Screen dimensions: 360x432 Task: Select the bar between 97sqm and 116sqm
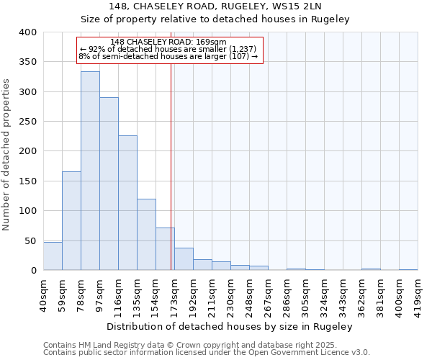point(109,184)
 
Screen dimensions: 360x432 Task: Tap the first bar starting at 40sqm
point(53,256)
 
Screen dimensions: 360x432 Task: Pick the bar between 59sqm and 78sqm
point(71,221)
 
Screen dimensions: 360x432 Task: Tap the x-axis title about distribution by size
point(230,326)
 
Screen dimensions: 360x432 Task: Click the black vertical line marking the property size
point(171,180)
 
